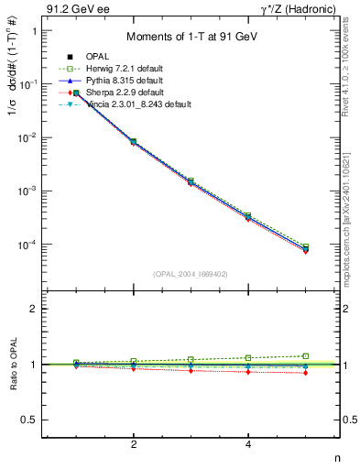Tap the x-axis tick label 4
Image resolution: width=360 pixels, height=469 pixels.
pos(248,445)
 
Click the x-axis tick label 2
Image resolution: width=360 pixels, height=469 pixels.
pos(134,445)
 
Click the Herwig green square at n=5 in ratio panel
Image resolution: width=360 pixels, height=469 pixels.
pos(305,355)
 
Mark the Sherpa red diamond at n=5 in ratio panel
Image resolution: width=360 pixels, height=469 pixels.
pos(305,373)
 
